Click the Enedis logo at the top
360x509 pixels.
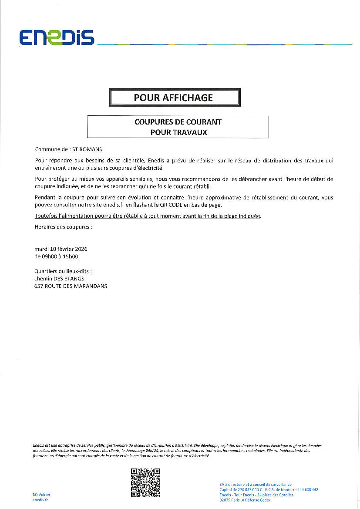[57, 37]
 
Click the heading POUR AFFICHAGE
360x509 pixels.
[173, 98]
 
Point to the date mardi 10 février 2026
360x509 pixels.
[61, 249]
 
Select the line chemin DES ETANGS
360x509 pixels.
[59, 278]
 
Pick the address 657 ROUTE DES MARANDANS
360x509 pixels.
[71, 286]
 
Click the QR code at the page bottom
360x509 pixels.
[145, 482]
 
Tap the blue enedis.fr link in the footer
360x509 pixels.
[40, 500]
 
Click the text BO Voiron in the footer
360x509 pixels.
[41, 495]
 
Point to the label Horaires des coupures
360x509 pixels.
[63, 227]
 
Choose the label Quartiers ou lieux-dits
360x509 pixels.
[63, 271]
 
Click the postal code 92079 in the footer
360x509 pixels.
[226, 500]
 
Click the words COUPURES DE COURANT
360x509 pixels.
[178, 122]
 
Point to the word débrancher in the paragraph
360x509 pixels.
[256, 179]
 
